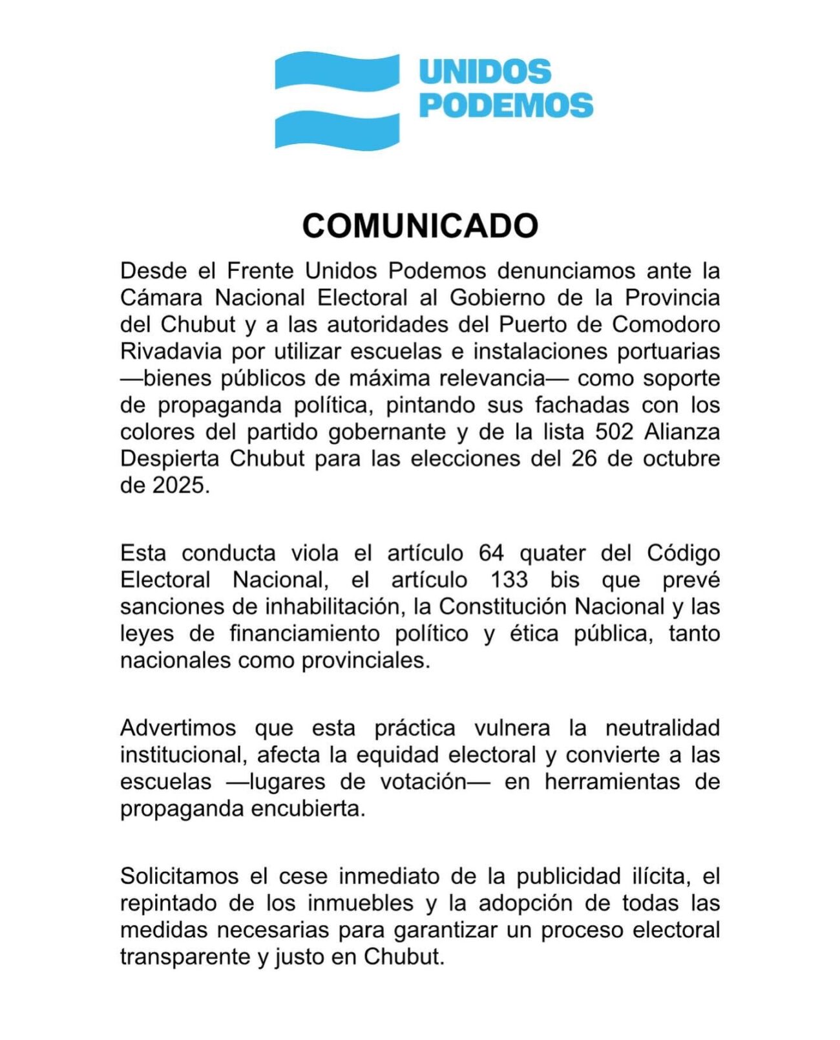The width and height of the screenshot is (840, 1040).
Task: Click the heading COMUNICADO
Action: [420, 226]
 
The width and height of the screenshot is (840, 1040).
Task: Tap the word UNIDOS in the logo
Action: [485, 72]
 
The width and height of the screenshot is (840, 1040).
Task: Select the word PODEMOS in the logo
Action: [506, 105]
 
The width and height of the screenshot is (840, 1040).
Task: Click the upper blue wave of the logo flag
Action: [337, 70]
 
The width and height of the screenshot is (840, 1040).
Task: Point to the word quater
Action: [552, 553]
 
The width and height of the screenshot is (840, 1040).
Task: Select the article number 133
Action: [509, 580]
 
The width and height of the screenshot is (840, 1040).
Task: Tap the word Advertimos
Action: [178, 728]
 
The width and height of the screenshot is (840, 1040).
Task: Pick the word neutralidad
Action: [662, 728]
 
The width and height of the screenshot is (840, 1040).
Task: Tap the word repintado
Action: [167, 903]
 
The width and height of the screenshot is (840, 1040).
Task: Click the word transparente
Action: [185, 957]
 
